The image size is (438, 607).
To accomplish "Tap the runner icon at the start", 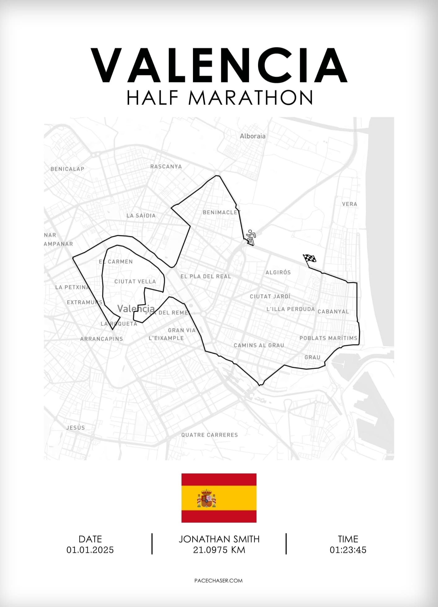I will [x=251, y=237].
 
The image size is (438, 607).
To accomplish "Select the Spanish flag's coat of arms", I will [x=206, y=498].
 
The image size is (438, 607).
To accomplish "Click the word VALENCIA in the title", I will [x=219, y=66].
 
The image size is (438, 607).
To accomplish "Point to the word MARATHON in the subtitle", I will [x=251, y=98].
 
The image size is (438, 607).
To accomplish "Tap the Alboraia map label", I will [x=252, y=136].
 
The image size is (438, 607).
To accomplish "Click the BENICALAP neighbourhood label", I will [x=67, y=169].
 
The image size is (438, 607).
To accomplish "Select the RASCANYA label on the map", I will [x=166, y=166].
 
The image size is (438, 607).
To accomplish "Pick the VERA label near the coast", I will [x=349, y=204].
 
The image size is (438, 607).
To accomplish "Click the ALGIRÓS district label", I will [x=278, y=272].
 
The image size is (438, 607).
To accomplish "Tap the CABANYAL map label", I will [x=333, y=311].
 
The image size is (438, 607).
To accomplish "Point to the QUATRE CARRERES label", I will [x=209, y=435].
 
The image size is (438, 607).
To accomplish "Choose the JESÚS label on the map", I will [x=75, y=428].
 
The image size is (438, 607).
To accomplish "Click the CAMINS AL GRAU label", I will [x=259, y=345].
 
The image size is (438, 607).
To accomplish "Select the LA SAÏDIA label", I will [x=141, y=216].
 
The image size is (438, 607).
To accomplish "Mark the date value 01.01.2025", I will [x=90, y=550].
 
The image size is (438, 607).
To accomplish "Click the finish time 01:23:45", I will [x=348, y=550].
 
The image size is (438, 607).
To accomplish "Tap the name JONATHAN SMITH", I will [x=219, y=539].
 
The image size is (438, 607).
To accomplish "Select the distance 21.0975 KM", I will [x=219, y=550].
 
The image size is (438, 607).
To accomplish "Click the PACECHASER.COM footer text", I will [x=218, y=581].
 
